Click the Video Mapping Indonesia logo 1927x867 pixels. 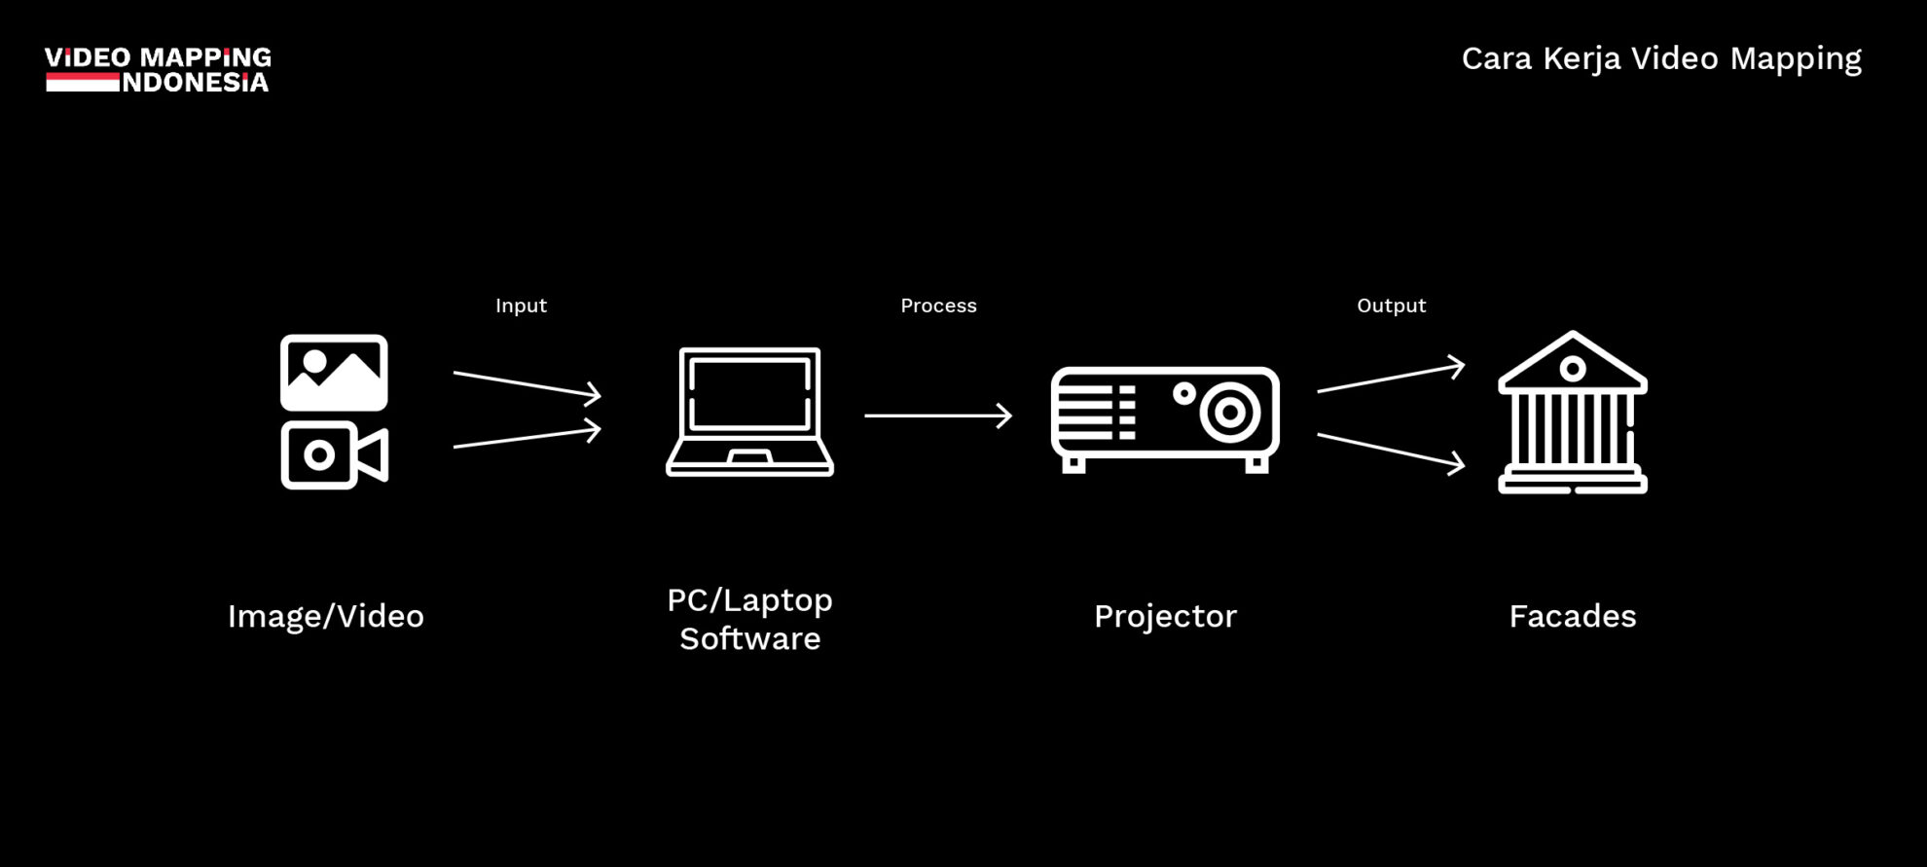click(x=158, y=69)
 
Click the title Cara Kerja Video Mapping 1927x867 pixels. click(x=1661, y=58)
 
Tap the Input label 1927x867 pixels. click(x=521, y=306)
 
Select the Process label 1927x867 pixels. click(x=938, y=306)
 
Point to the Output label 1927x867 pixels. click(x=1391, y=306)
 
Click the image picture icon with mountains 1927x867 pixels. click(x=334, y=373)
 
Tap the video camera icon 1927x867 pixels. click(x=334, y=454)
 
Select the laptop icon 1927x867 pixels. click(x=749, y=412)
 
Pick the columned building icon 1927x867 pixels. click(x=1573, y=414)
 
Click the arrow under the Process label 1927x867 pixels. click(x=938, y=415)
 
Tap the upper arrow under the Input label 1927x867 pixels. click(x=527, y=384)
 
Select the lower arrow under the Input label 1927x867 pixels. click(x=527, y=437)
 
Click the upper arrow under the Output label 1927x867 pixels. click(x=1391, y=378)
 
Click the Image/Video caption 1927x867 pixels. click(x=326, y=617)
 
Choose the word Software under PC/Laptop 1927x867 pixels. click(x=749, y=639)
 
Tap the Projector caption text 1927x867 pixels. click(x=1165, y=617)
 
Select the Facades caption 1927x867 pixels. click(x=1573, y=617)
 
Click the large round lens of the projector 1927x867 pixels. click(x=1230, y=413)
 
